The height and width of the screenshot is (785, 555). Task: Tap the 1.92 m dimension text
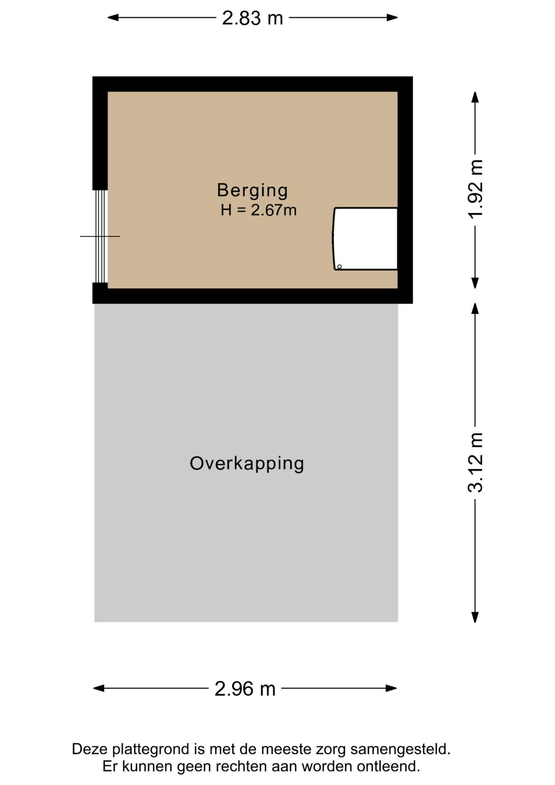tap(476, 189)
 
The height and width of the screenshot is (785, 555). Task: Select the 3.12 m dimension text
tap(476, 462)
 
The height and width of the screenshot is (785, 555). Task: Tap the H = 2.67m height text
tap(259, 210)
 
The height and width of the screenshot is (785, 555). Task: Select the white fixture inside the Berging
tap(365, 239)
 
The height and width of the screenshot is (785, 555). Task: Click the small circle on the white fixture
tap(339, 267)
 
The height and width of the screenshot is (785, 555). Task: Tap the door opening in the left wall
tap(100, 236)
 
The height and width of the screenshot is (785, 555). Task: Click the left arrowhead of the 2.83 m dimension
tap(113, 18)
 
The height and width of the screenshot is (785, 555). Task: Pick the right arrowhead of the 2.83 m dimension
tap(392, 18)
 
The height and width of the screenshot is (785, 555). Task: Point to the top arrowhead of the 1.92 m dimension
tap(475, 97)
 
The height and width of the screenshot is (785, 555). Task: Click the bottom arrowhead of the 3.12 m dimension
tap(475, 617)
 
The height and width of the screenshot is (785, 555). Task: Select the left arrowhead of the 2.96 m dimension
tap(99, 689)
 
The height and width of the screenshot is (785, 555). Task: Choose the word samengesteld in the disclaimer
tap(401, 749)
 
